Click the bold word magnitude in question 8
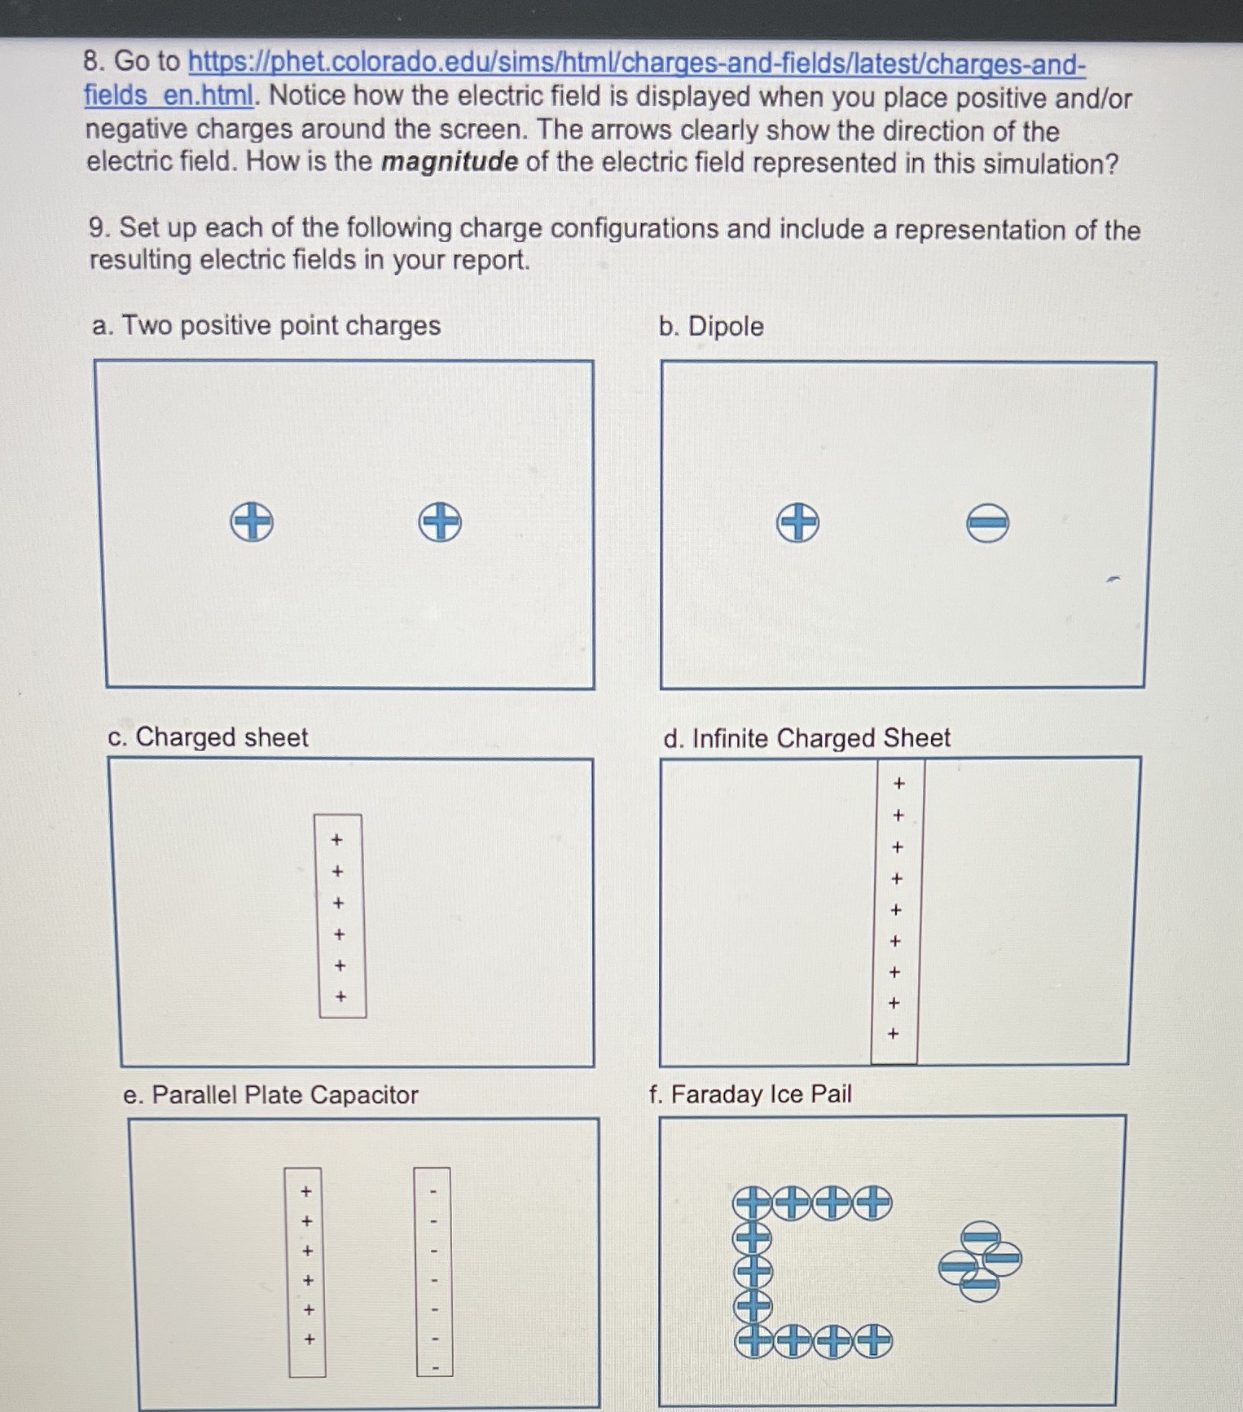tap(450, 161)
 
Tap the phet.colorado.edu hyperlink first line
tap(636, 64)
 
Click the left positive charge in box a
tap(252, 521)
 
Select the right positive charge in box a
tap(440, 521)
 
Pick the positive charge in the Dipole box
tap(797, 522)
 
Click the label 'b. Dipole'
tap(711, 326)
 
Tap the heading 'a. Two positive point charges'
tap(266, 325)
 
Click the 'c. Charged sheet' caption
tap(208, 737)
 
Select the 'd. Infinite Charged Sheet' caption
tap(806, 738)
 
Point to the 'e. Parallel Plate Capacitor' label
tap(270, 1094)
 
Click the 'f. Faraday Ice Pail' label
tap(750, 1093)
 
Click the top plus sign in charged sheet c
tap(336, 839)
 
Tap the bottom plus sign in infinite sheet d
tap(893, 1034)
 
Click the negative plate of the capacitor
tap(433, 1272)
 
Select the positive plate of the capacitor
tap(306, 1272)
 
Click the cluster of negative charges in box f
tap(980, 1260)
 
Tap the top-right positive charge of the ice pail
tap(872, 1203)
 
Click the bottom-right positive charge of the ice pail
tap(872, 1340)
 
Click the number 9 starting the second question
tap(97, 227)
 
